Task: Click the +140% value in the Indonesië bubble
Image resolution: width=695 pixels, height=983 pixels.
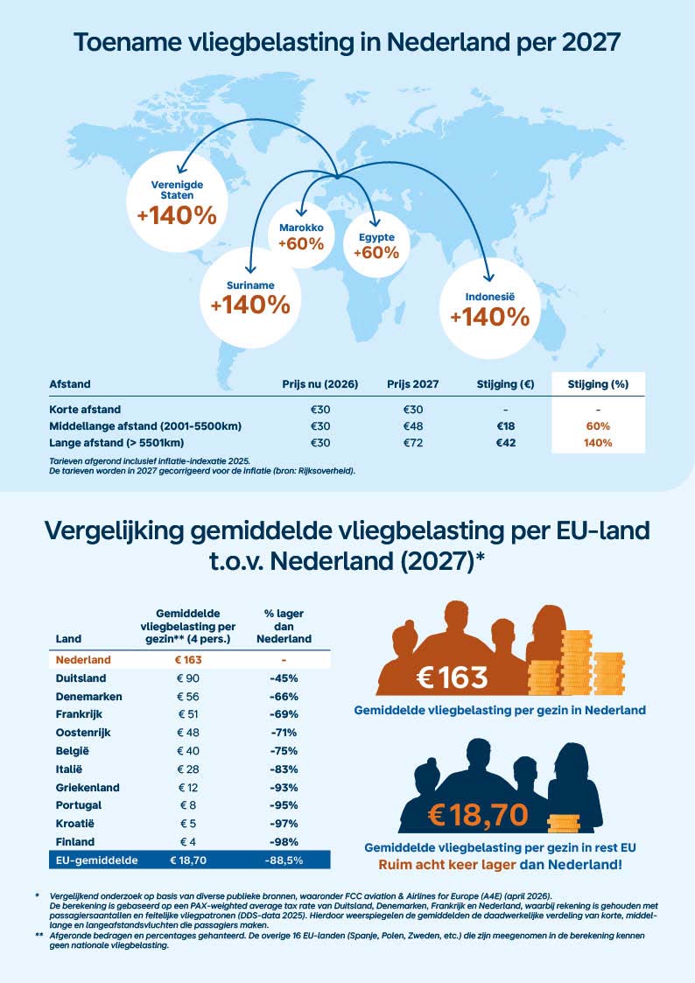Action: point(489,317)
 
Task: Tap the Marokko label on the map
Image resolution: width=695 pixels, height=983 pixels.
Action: point(300,228)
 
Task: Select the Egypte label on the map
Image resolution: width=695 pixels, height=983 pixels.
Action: point(376,237)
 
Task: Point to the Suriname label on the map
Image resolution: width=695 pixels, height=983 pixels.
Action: point(250,285)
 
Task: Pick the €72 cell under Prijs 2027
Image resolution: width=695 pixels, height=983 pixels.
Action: point(414,443)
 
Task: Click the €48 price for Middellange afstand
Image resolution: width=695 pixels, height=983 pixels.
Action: point(414,426)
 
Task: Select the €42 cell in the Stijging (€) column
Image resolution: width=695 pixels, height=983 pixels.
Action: point(506,443)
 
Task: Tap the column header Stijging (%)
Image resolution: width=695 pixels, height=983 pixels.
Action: point(596,384)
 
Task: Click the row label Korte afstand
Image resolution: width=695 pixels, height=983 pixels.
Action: point(85,409)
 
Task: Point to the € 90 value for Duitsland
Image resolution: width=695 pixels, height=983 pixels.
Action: point(189,678)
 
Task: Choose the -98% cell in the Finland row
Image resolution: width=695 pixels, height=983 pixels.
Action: point(284,842)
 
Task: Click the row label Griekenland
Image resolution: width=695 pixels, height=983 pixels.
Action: point(87,787)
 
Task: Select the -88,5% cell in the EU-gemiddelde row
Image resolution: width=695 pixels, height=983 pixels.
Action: point(284,860)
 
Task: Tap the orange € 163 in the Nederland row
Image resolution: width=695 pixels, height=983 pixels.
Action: point(189,659)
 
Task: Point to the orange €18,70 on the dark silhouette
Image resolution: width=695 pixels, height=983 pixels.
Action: point(478,814)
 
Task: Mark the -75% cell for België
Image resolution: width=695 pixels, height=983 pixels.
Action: point(284,750)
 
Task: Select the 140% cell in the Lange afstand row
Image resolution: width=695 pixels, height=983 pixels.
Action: point(597,443)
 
